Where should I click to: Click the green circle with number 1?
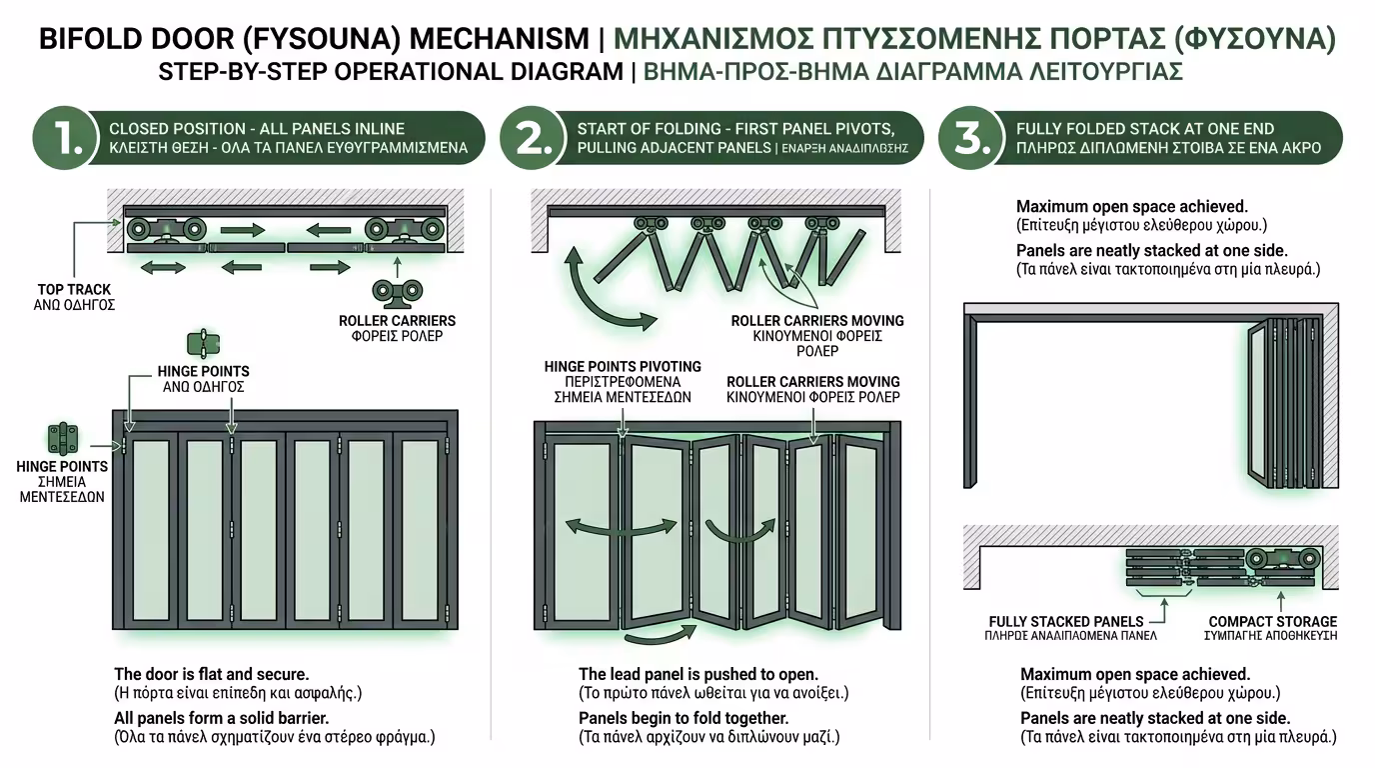click(x=66, y=137)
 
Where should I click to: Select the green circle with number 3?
click(x=972, y=137)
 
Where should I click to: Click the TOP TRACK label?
click(x=75, y=290)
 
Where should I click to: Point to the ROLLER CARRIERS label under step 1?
click(x=398, y=321)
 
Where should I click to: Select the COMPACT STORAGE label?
click(x=1272, y=622)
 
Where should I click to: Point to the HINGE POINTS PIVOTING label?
click(x=623, y=367)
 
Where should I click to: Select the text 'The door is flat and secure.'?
click(x=212, y=674)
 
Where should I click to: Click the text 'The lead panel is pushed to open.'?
click(x=697, y=674)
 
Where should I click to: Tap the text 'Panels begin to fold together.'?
click(x=684, y=718)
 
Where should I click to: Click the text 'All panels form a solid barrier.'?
click(x=222, y=718)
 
